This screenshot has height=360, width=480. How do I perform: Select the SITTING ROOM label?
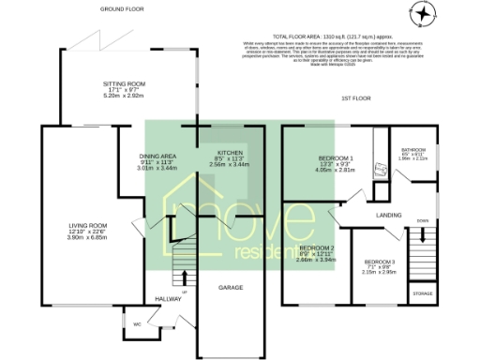125,84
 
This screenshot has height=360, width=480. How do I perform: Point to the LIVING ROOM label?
87,225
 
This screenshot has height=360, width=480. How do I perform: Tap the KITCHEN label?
230,152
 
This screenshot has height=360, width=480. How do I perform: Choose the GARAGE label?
231,287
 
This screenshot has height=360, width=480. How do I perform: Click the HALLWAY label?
167,300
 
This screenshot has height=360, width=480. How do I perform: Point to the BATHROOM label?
413,149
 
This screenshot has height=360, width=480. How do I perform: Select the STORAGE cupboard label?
422,294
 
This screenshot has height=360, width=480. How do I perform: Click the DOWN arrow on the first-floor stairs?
422,223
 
